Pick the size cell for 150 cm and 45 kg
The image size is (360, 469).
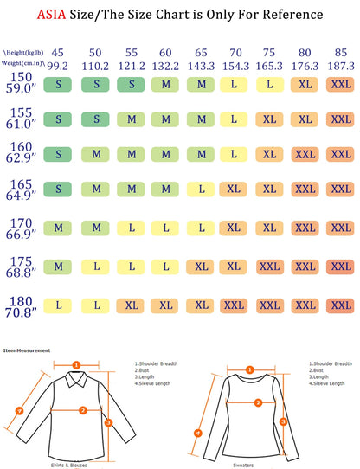coord(58,85)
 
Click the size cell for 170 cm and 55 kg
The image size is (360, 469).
coord(129,228)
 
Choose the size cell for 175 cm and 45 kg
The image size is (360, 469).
coord(58,267)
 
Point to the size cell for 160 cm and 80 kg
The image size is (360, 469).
coord(304,154)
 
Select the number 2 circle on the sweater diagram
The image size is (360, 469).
coord(257,402)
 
